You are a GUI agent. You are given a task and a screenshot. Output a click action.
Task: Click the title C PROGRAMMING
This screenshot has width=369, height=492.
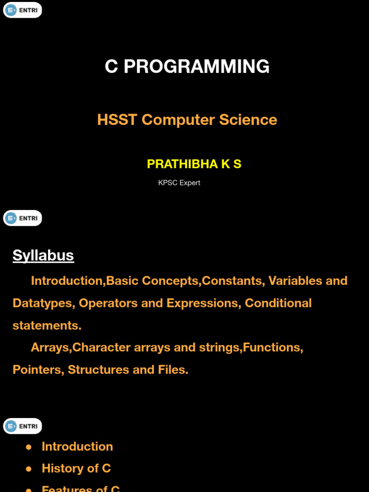187,66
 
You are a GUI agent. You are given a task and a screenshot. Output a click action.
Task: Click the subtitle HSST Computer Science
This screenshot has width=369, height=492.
187,120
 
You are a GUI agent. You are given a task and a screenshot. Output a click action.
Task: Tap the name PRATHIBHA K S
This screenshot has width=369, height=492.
194,164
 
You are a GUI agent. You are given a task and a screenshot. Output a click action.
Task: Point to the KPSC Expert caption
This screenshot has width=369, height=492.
179,183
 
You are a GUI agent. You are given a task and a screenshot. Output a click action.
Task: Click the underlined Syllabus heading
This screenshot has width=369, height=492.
43,255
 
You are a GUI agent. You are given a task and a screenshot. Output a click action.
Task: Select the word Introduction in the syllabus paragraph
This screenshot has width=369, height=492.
67,281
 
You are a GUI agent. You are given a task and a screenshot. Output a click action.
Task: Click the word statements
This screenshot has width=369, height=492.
47,325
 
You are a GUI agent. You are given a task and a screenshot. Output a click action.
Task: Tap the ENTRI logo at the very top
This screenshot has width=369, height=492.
23,10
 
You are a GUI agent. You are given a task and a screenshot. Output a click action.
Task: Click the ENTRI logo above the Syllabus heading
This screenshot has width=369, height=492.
23,218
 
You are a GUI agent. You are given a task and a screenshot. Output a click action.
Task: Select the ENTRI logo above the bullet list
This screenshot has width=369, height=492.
23,426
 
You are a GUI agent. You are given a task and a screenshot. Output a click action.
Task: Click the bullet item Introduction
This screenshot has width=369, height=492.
77,446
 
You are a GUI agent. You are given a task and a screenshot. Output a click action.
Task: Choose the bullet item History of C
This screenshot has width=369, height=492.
76,468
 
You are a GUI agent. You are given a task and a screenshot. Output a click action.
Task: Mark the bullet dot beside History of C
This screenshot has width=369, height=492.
29,468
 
